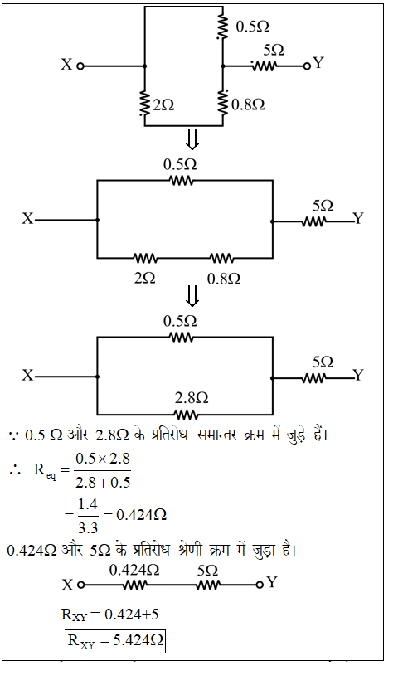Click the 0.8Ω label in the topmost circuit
click(x=248, y=104)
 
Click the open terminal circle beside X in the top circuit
click(x=80, y=66)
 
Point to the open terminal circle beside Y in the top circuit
click(x=307, y=66)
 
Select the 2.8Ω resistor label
click(x=192, y=397)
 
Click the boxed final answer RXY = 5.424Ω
click(x=115, y=640)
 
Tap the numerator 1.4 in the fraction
click(x=87, y=504)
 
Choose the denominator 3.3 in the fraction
click(x=87, y=528)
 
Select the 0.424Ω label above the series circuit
click(x=134, y=570)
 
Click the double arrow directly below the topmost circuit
click(x=192, y=139)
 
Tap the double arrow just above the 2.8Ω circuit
click(x=192, y=296)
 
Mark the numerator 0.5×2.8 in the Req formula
click(x=103, y=459)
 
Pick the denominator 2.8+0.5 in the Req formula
click(x=103, y=483)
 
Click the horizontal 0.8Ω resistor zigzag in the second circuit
click(x=222, y=258)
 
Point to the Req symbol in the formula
click(x=45, y=471)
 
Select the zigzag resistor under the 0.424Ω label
click(x=134, y=585)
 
